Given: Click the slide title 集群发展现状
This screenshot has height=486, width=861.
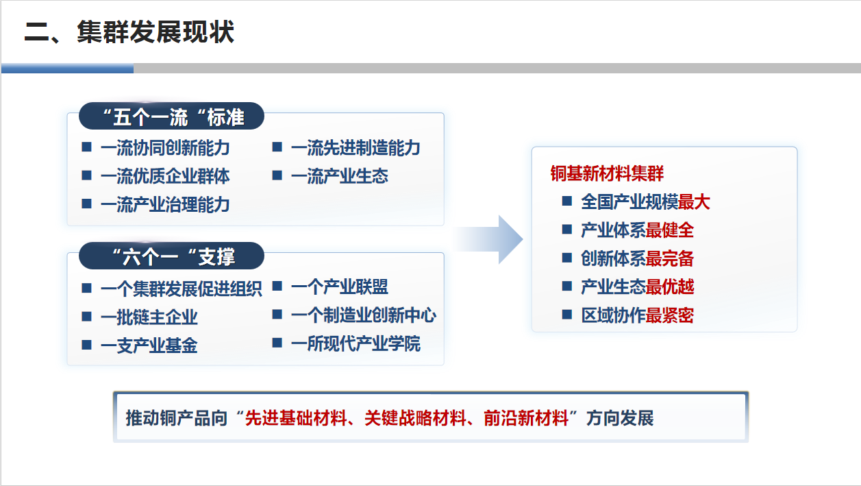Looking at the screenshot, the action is coord(155,32).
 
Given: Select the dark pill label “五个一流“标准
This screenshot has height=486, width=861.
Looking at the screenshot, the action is coord(171,117).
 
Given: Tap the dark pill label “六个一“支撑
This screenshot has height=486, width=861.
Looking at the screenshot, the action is coord(171,256).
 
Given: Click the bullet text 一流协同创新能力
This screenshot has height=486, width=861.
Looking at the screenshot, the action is coord(165,148).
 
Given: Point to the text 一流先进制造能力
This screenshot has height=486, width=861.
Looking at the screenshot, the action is coord(355,148).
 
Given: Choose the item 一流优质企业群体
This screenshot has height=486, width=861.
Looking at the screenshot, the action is coord(165,176).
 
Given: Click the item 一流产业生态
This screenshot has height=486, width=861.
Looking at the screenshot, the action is coord(340,176).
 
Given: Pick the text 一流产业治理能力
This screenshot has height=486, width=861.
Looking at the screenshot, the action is coord(165,205).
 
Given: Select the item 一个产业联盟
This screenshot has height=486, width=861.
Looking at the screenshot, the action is coord(340,287).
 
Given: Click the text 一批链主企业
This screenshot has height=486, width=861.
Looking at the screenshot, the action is coord(149,317).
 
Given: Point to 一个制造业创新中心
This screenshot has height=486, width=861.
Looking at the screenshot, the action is coord(364,315).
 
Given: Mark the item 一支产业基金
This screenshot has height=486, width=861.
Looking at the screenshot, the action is coord(149,345).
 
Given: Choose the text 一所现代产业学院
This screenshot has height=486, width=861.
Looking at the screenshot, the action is coord(355,343).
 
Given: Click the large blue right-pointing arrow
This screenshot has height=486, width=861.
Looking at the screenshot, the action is coord(489,239).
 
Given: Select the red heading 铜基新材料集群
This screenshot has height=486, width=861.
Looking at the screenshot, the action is coord(607,173).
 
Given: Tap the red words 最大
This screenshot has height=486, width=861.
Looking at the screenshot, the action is coord(694,202).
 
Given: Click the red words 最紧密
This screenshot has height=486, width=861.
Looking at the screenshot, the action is coord(670,315).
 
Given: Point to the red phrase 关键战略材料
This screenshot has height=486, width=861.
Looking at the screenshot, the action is coord(416,418).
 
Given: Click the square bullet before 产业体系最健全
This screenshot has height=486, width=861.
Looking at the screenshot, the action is coord(567,230).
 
